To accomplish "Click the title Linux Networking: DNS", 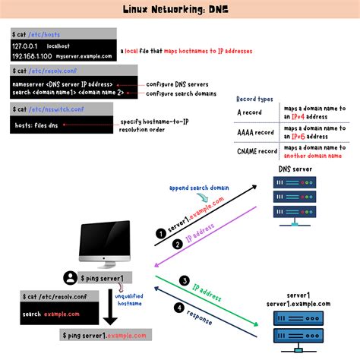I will click(x=179, y=10).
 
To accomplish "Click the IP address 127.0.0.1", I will click(x=25, y=46).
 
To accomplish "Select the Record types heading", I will click(x=256, y=98).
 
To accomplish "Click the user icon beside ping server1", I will click(x=70, y=277).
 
